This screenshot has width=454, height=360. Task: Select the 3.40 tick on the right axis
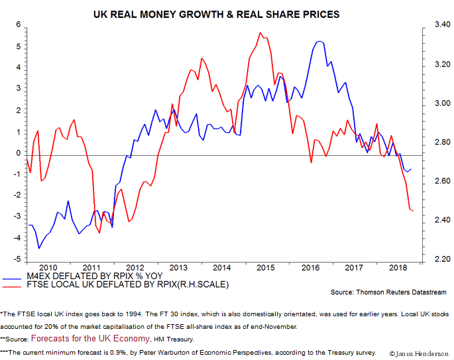434,25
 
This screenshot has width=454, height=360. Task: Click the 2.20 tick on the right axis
434,259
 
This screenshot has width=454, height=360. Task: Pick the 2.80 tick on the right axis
434,142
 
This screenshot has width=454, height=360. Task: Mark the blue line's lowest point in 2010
39,248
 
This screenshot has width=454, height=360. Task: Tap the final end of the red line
413,211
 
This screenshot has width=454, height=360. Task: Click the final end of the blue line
411,168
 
